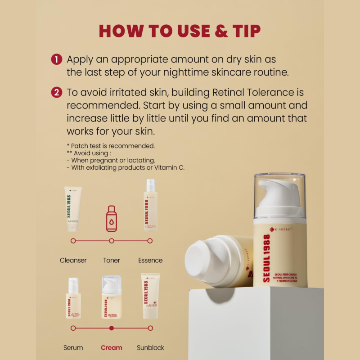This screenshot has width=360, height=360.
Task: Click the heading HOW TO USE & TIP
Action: coord(180,31)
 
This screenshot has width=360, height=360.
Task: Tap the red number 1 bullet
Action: coord(56,59)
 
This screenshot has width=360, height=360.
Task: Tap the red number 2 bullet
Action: coord(56,93)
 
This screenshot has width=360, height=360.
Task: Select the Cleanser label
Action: coord(73,260)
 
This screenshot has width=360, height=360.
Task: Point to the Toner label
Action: coord(112,260)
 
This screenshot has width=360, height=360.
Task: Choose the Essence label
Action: coord(150,260)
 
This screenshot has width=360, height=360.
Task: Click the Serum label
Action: coord(73,347)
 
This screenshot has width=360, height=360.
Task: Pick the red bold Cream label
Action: coord(112,347)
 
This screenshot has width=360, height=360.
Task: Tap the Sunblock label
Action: coord(150,347)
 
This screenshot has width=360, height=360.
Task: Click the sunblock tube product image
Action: coord(150,296)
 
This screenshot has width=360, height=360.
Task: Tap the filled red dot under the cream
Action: coord(112,328)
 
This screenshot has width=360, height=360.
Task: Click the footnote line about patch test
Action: coord(111,146)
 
